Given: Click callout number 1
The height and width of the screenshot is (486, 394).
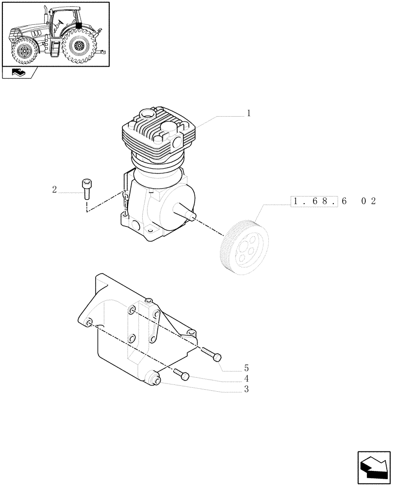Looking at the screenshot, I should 248,114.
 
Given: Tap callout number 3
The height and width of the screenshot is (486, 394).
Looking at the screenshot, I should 246,390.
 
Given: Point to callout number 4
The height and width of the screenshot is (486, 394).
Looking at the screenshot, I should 246,379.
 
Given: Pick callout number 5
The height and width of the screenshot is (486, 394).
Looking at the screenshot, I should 246,367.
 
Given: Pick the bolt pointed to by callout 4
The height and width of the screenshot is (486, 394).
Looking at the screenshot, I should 182,374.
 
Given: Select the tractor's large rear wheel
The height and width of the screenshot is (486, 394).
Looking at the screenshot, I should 79,47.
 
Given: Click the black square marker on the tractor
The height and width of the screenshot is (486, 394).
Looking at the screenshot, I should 79,25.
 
